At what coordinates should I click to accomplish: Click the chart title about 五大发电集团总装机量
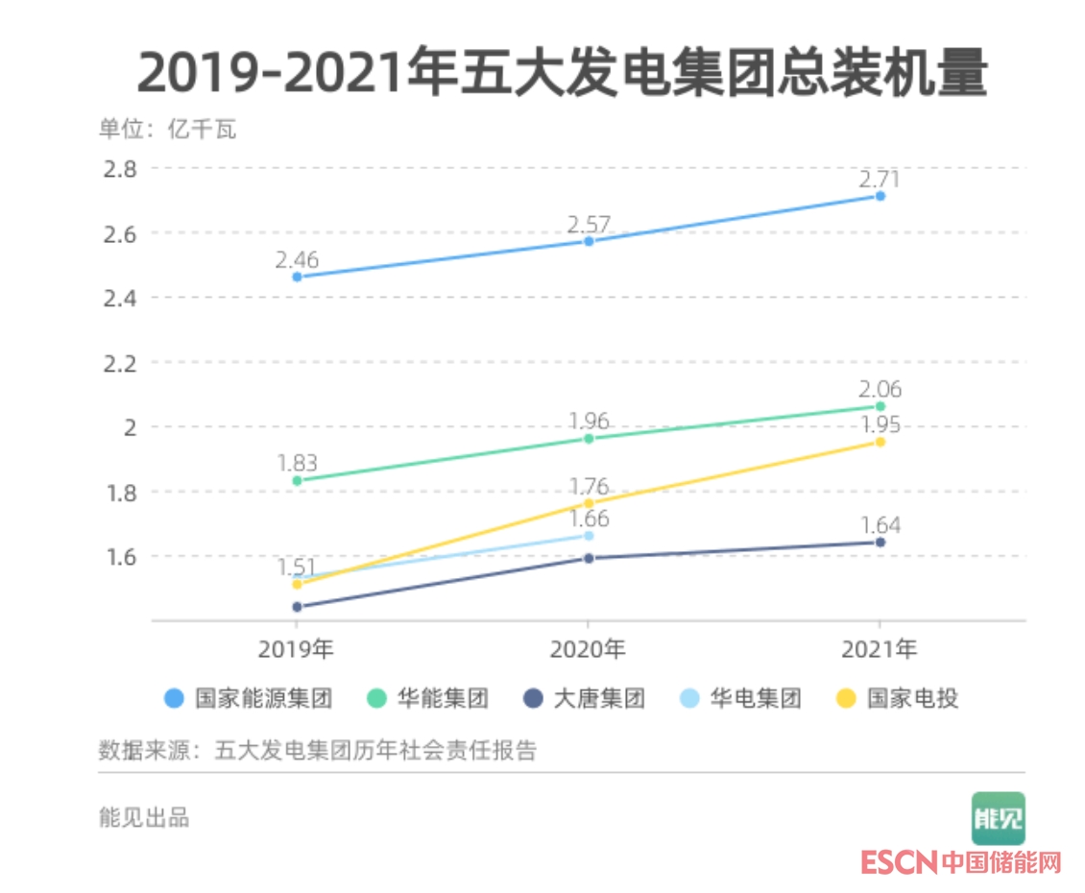(562, 72)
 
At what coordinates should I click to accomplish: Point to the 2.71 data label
(880, 179)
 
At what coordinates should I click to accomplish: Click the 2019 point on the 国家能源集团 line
(297, 277)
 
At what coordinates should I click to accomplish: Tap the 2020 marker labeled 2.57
(589, 241)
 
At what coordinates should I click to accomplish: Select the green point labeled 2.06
(880, 406)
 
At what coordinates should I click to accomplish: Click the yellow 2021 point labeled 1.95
(880, 442)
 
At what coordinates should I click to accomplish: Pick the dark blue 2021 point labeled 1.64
(880, 543)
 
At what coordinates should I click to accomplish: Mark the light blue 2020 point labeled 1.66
(589, 536)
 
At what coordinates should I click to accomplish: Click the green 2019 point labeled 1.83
(297, 480)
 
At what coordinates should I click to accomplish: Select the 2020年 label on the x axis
(588, 650)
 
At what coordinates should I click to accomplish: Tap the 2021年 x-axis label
(880, 650)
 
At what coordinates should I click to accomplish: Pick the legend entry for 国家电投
(898, 698)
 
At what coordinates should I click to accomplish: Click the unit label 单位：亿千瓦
(167, 130)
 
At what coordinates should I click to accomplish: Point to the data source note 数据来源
(317, 750)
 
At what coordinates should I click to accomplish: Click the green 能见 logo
(998, 818)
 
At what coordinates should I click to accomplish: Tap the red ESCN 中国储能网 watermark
(960, 861)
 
